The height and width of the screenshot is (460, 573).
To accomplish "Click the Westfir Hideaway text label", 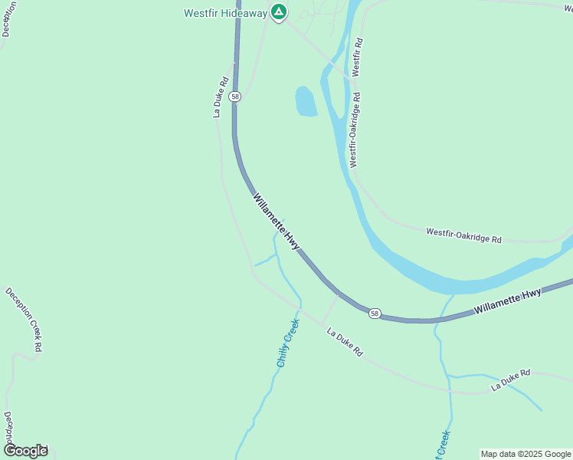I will pos(225,13).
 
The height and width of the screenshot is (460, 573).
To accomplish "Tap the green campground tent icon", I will pos(280,12).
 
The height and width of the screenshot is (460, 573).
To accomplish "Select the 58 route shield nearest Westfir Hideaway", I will pos(235,97).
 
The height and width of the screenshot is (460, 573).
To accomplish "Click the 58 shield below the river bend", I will pos(374,313).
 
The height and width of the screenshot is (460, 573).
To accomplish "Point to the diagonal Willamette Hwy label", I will pos(276,221).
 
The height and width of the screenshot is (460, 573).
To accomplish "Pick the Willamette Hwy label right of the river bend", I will pos(507,301).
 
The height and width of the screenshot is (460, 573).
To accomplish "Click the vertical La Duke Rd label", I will pos(221,97).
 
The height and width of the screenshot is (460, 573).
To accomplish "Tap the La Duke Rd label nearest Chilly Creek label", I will pos(344,343).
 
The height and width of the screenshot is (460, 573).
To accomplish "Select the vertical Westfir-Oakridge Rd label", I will pos(355,130).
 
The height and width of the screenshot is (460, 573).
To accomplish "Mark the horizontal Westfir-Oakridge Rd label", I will pos(463,235).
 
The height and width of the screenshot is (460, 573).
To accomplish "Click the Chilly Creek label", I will pos(286,343).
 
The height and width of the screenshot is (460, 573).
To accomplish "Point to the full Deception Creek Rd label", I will pos(24,320).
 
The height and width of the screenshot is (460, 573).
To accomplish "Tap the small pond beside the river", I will pos(306,101).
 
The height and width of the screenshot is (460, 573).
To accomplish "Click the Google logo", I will pos(25,450).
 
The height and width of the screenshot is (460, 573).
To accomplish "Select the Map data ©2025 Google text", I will pos(526,454).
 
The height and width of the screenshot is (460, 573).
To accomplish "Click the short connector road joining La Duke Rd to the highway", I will pos(330,308).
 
